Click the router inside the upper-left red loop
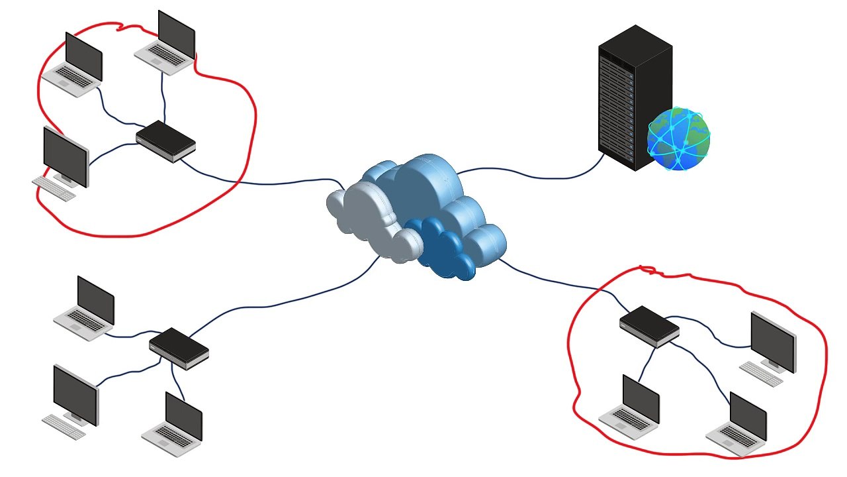pyautogui.click(x=165, y=140)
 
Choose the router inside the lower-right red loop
pyautogui.click(x=649, y=325)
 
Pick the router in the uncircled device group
pyautogui.click(x=179, y=348)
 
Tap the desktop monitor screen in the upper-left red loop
pyautogui.click(x=66, y=156)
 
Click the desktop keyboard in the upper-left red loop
pyautogui.click(x=54, y=188)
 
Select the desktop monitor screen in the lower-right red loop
pyautogui.click(x=773, y=342)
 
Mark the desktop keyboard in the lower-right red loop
pyautogui.click(x=761, y=373)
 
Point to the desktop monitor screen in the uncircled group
pyautogui.click(x=75, y=394)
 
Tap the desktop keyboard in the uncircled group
pyautogui.click(x=64, y=427)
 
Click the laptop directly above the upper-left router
pyautogui.click(x=167, y=43)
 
